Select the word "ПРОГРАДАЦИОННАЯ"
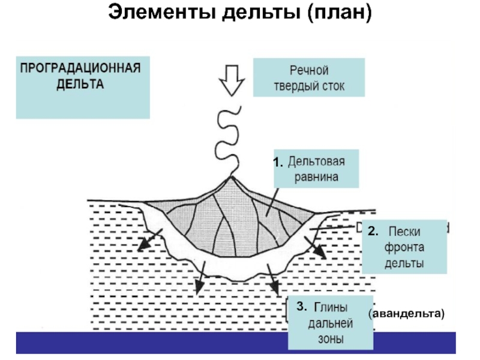pos(81,67)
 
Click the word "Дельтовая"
pos(316,161)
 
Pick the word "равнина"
pos(316,177)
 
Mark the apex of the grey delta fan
pos(232,178)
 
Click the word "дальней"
pos(331,324)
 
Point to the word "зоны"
pos(331,339)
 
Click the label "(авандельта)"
pos(407,313)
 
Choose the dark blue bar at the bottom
pos(240,344)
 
